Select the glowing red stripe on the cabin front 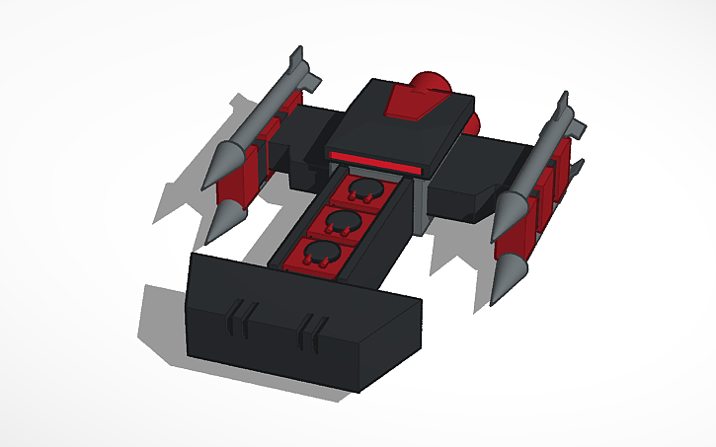click(375, 161)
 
